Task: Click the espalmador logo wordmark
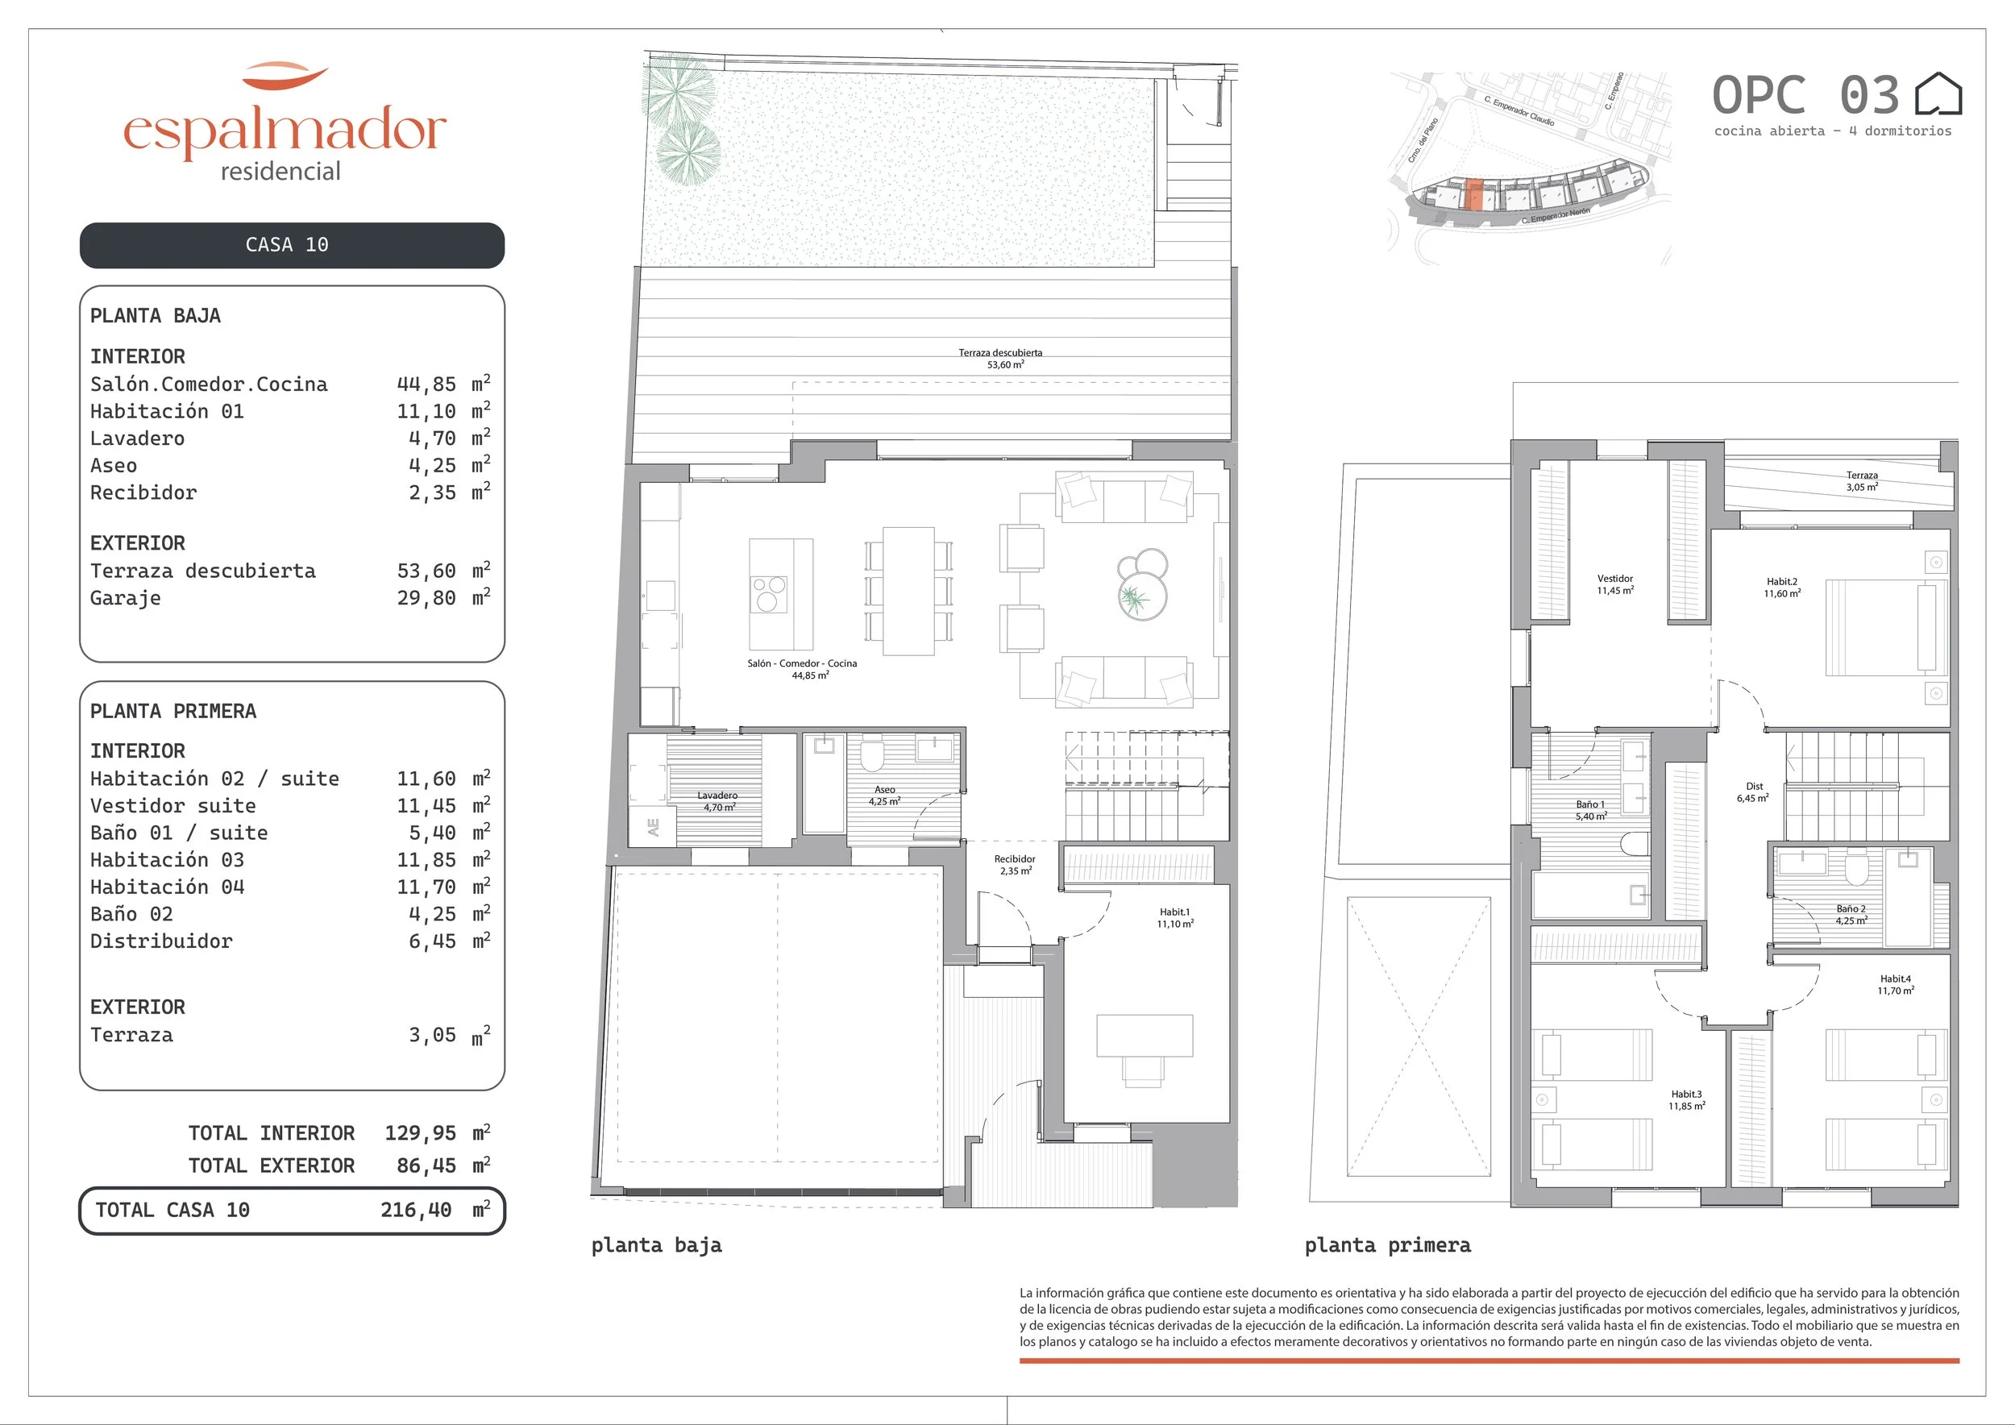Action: pos(285,131)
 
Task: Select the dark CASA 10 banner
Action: pos(293,245)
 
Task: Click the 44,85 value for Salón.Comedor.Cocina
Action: pos(426,384)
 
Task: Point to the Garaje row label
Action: pos(126,598)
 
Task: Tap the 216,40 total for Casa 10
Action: pos(416,1210)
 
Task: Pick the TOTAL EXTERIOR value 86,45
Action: pos(426,1165)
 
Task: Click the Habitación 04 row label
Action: pos(168,887)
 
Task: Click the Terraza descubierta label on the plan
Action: pos(1000,353)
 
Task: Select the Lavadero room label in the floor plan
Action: pos(717,795)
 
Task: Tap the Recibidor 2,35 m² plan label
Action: pos(1015,865)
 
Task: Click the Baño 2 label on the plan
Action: pos(1851,909)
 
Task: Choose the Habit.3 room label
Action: pos(1686,1095)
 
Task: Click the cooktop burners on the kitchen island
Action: pos(769,594)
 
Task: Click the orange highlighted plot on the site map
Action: pos(1475,195)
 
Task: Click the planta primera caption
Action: pos(1387,1245)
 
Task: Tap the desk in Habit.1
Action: pos(1145,1036)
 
